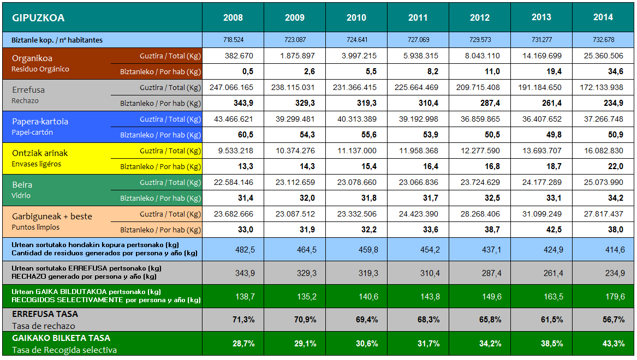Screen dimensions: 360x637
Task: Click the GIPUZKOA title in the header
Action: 38,18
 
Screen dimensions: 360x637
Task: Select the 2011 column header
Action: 418,18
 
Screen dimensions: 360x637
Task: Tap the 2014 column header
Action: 603,17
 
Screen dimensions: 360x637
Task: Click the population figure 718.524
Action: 233,40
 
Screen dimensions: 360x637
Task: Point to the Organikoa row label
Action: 32,58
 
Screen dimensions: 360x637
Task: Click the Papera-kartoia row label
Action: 40,122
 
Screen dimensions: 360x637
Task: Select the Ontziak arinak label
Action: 40,153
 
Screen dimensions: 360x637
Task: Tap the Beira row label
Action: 22,185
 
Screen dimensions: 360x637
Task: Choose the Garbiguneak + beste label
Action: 52,217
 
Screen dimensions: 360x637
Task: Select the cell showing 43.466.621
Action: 234,119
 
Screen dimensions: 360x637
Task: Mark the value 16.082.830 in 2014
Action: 603,151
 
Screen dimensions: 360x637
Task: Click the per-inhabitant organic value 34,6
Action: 615,72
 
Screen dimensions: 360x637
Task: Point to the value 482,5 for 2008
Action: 245,249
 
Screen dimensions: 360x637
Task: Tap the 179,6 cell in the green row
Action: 615,296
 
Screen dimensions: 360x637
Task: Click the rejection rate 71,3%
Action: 243,320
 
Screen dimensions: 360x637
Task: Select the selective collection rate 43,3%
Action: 614,344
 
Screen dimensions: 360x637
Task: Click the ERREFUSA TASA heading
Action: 45,314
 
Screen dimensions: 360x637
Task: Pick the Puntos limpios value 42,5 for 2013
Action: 553,230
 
